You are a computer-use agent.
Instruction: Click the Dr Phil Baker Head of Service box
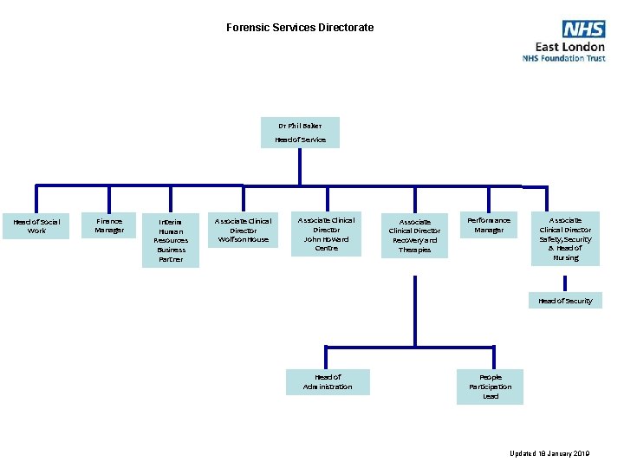(300, 132)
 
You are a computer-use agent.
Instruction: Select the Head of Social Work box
(36, 226)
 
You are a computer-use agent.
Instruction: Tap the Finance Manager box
(109, 225)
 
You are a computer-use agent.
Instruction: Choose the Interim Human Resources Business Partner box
(171, 240)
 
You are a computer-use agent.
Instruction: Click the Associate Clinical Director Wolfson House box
(243, 230)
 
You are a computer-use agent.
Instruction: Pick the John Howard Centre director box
(326, 234)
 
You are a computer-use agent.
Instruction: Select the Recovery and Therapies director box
(414, 236)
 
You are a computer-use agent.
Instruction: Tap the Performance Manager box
(489, 225)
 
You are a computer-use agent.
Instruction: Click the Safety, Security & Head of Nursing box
(565, 238)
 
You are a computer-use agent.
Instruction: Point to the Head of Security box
(565, 301)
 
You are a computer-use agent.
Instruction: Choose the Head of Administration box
(328, 381)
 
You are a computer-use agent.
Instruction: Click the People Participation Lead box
(491, 387)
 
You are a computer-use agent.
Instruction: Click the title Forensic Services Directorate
(300, 28)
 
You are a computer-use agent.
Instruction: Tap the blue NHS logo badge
(583, 29)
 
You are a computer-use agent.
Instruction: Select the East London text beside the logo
(569, 47)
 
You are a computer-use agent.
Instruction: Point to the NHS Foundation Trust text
(563, 59)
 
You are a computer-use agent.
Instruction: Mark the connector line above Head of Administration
(328, 358)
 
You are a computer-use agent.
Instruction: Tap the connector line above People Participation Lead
(491, 358)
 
